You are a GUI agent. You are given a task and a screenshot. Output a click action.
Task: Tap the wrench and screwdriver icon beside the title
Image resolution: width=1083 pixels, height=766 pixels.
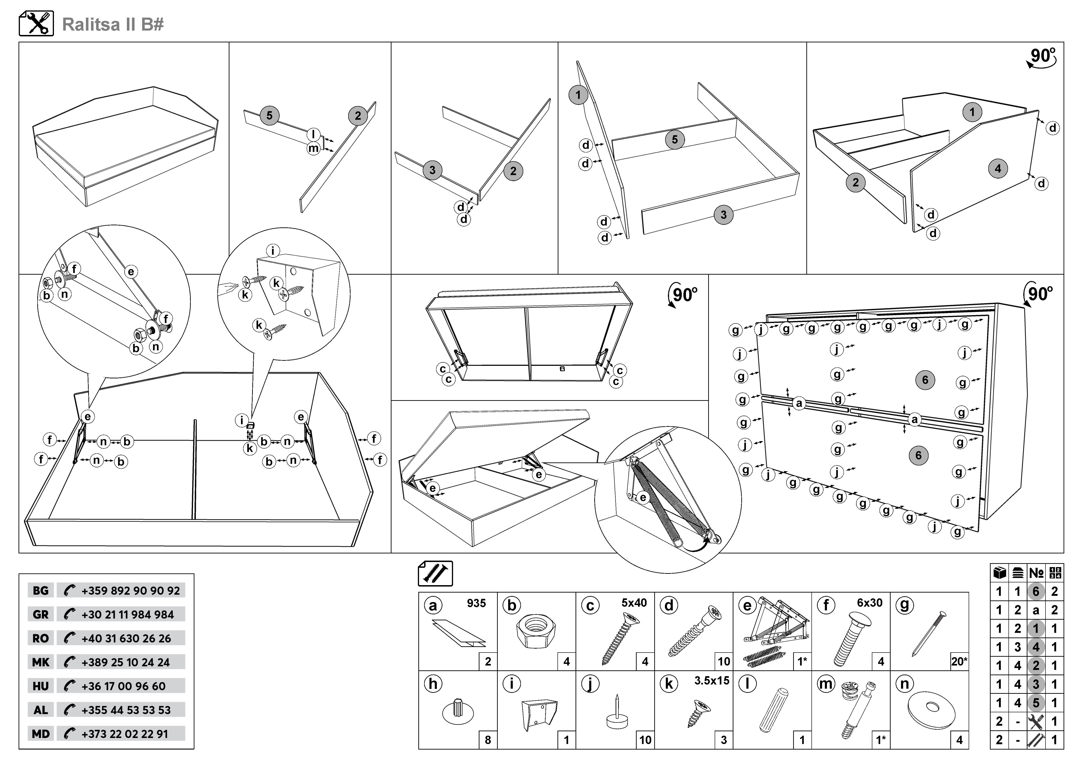(36, 24)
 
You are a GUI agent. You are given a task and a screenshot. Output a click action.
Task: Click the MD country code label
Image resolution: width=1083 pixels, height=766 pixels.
(41, 734)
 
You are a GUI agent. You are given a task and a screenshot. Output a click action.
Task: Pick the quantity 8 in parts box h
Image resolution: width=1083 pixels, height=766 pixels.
(488, 740)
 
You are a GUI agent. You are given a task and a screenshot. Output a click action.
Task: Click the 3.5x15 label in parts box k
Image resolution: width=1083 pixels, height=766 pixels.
(711, 681)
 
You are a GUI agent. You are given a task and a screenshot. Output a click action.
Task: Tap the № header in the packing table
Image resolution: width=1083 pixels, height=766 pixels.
(1036, 573)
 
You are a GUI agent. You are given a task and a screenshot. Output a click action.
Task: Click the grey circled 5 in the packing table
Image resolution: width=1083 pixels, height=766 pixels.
(1036, 703)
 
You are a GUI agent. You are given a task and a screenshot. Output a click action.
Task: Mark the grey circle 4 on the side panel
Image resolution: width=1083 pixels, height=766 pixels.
(998, 168)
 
